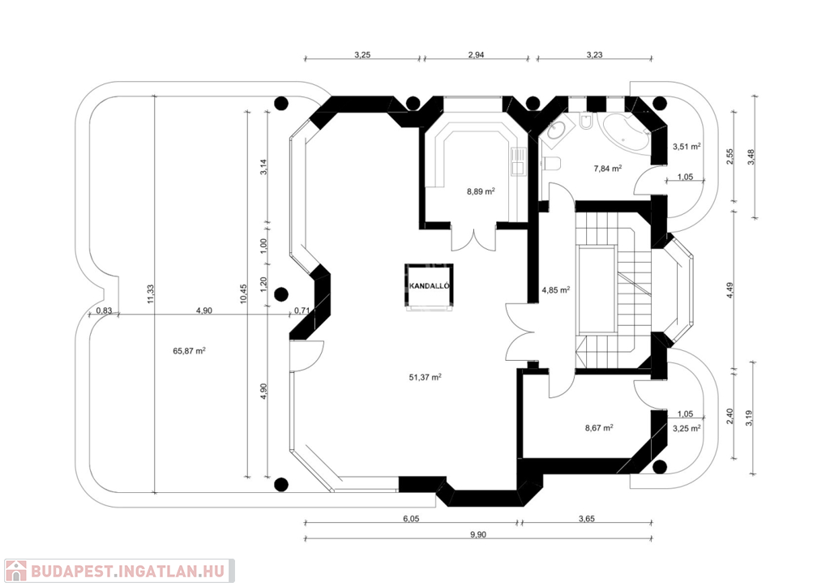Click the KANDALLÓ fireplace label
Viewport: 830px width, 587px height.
(430, 286)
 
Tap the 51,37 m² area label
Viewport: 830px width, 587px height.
(425, 377)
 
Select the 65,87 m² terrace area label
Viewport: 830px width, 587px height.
(189, 350)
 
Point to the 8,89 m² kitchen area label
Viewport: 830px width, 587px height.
(481, 191)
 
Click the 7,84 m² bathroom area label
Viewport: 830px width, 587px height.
(607, 169)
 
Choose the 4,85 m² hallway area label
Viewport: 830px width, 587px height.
(556, 289)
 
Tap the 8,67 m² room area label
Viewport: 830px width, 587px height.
(599, 427)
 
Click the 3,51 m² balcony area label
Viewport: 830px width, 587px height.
(687, 146)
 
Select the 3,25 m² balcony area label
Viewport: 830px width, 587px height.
(687, 427)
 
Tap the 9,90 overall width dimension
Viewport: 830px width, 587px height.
(478, 534)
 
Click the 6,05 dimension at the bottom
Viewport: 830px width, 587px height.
(411, 519)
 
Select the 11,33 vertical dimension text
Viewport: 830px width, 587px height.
(150, 293)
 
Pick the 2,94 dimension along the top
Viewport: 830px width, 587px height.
(476, 54)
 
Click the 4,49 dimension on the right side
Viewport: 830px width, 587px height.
(730, 290)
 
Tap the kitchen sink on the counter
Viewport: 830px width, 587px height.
(517, 162)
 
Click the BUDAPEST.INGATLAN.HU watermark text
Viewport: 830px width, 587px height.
(127, 571)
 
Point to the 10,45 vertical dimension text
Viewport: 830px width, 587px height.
(243, 293)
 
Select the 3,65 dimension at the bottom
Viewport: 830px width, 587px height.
(587, 519)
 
